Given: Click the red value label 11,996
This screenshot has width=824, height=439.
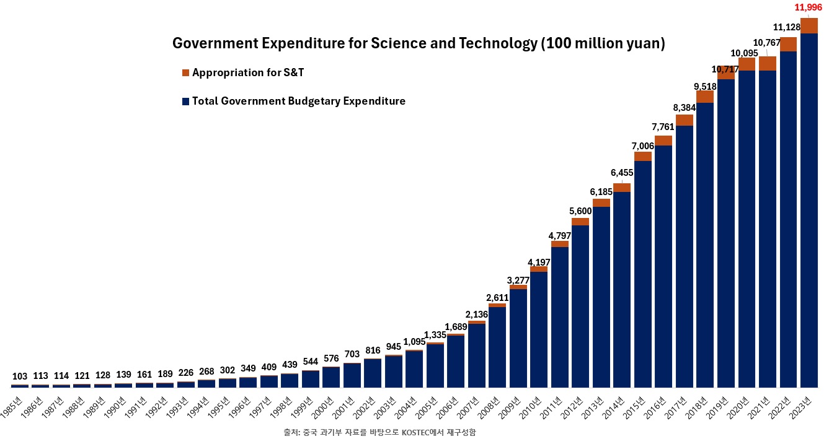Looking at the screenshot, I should [808, 7].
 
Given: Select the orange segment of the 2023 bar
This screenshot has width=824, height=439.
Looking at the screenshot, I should [809, 25].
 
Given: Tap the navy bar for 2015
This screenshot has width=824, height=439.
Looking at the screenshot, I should [643, 272].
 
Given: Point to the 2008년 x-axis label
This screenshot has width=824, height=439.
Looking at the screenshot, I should [492, 406].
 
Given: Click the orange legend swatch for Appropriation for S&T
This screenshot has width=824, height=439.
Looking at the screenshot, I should [185, 73].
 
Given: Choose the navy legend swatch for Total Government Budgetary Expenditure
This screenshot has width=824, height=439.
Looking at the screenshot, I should [185, 102].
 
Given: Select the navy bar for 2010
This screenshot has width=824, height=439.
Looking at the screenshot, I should [539, 328].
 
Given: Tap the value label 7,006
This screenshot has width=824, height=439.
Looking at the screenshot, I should [642, 146].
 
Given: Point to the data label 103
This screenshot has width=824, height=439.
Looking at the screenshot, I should [20, 376].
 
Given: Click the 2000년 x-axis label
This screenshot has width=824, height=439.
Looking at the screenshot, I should [326, 406].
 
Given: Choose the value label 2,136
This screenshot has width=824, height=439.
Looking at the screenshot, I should [476, 315].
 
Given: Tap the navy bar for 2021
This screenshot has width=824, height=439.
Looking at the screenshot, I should [768, 229].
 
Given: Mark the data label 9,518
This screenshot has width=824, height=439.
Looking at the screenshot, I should [705, 86].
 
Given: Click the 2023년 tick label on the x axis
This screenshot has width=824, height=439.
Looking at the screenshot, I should [804, 406].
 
